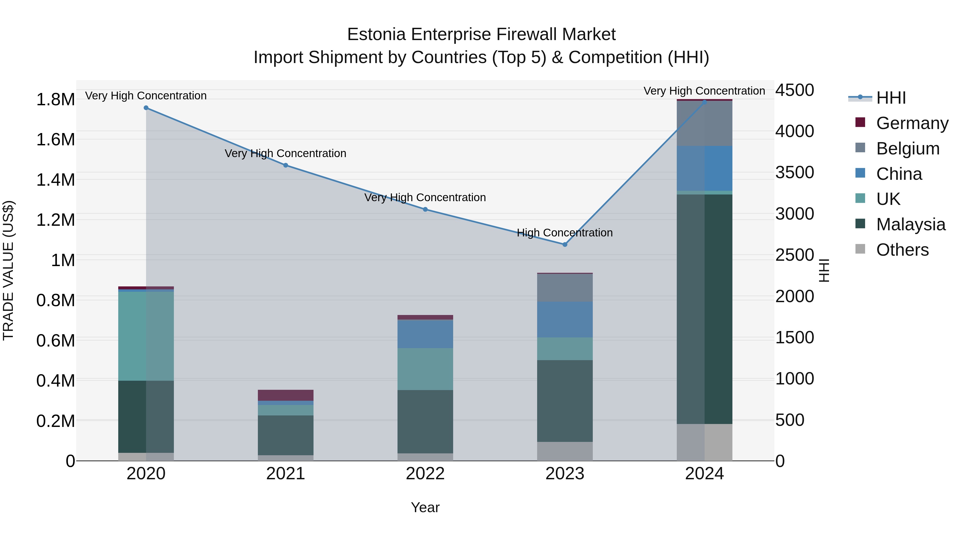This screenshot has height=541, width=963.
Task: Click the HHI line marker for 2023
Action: tap(565, 244)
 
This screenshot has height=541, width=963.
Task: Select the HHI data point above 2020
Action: tap(146, 108)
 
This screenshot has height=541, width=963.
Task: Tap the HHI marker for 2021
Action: tap(286, 165)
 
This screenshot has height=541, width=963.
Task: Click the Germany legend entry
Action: tap(912, 123)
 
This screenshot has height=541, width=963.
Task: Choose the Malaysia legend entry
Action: tap(911, 224)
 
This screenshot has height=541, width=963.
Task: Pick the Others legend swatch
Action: tap(860, 249)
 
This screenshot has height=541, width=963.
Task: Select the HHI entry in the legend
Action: tap(891, 98)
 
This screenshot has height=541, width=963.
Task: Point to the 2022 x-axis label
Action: tap(425, 474)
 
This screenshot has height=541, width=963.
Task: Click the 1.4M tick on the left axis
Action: tap(55, 180)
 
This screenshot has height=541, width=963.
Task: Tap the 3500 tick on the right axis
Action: tap(794, 173)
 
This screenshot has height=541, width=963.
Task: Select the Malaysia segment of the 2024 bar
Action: tap(704, 309)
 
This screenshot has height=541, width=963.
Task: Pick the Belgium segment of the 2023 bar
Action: tap(565, 288)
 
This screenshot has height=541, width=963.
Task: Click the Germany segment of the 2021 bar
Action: tap(286, 395)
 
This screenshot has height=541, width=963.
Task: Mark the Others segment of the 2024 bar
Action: tap(704, 442)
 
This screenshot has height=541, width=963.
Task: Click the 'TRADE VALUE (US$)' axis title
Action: tap(8, 270)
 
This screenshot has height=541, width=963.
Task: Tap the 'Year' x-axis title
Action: tap(425, 507)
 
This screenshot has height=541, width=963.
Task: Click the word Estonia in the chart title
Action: tap(376, 35)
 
